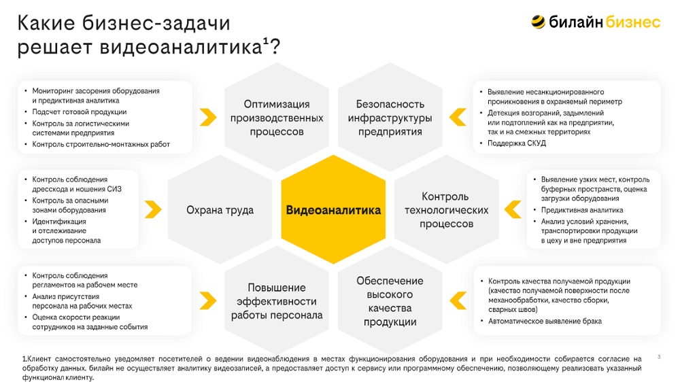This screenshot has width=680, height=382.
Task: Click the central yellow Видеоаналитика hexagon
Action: click(333, 210)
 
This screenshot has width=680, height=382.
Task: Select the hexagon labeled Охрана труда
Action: click(220, 210)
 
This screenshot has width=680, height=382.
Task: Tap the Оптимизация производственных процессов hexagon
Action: click(277, 118)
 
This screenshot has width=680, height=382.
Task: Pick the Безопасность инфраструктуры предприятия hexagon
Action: click(390, 118)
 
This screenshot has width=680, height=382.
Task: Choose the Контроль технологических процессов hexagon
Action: click(446, 210)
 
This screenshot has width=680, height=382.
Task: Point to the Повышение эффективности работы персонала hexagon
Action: click(277, 301)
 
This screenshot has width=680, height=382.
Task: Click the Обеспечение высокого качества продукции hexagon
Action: click(390, 301)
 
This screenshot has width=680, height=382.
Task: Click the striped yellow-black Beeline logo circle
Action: click(538, 22)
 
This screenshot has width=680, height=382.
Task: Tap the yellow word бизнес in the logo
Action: click(632, 22)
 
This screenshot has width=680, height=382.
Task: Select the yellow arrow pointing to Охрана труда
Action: click(152, 209)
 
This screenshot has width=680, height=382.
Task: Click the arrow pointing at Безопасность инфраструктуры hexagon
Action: click(458, 117)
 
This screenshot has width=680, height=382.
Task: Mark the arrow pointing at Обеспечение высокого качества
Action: click(458, 300)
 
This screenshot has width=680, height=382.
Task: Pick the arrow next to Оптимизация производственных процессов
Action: click(208, 117)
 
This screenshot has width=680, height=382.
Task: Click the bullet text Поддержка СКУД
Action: click(517, 143)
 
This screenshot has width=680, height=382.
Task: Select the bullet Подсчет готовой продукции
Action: click(80, 112)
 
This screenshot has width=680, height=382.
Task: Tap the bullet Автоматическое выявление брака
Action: click(545, 322)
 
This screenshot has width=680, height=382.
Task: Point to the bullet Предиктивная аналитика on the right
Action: click(582, 210)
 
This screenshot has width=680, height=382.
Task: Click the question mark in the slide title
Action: click(275, 47)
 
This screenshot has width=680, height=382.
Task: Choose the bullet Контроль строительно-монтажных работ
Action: click(101, 144)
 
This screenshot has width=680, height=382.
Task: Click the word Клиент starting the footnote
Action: click(39, 359)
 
